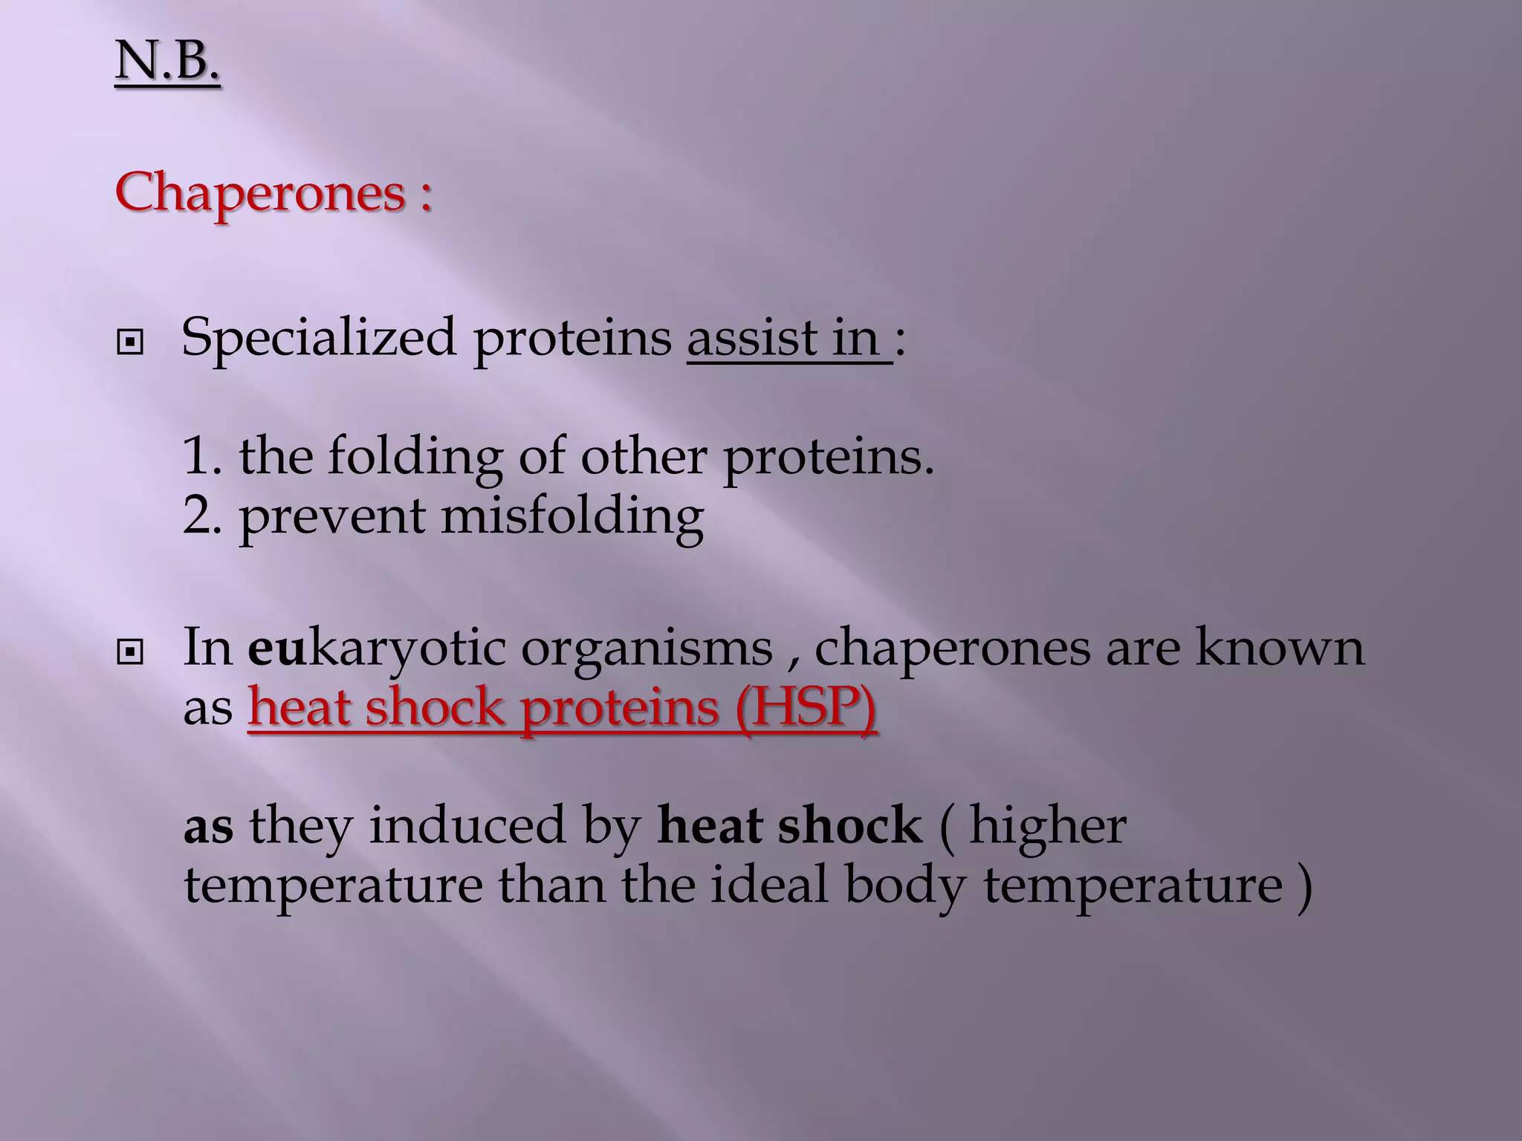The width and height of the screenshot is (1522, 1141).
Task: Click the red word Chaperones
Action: [x=260, y=193]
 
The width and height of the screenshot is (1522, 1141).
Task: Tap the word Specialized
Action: [x=319, y=339]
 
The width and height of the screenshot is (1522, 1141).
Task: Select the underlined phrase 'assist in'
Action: [x=788, y=339]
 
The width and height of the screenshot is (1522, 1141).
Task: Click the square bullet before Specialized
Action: [x=130, y=342]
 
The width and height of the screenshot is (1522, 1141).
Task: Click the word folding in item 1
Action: [x=415, y=458]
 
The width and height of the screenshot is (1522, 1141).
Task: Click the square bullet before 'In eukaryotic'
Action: [x=130, y=653]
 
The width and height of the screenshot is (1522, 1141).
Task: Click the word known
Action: [x=1280, y=648]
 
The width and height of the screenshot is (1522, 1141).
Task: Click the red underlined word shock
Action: [x=435, y=707]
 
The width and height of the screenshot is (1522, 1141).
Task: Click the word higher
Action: [x=1047, y=826]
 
